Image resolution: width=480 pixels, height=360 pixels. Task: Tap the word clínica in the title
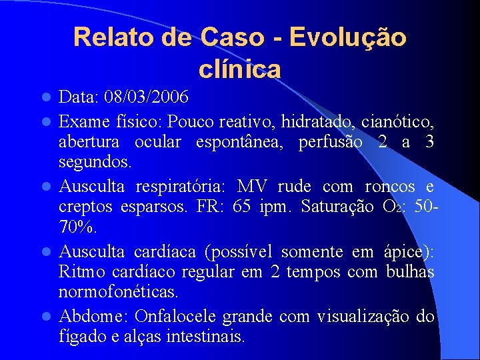pyautogui.click(x=239, y=69)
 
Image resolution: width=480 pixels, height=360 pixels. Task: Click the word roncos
pyautogui.click(x=392, y=187)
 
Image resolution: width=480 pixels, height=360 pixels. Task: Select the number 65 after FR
pyautogui.click(x=241, y=207)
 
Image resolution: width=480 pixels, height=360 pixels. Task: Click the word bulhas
pyautogui.click(x=409, y=271)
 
